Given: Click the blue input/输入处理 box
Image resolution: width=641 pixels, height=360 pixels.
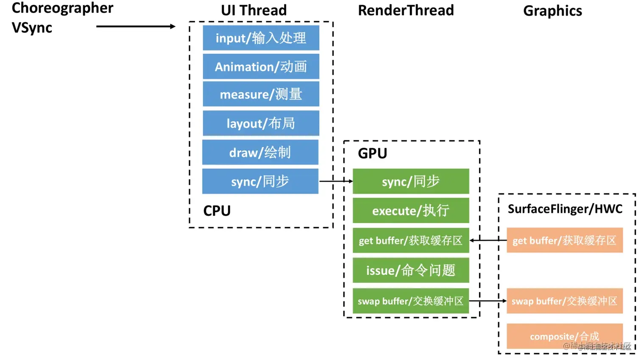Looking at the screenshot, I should click(261, 38).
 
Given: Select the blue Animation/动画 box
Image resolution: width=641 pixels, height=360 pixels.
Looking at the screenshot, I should click(261, 67).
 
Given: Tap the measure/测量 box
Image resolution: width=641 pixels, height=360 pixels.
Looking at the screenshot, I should click(261, 94).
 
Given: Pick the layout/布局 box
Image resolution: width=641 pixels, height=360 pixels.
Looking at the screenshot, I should click(261, 123).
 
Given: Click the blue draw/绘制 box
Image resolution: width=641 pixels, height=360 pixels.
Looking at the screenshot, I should click(260, 152).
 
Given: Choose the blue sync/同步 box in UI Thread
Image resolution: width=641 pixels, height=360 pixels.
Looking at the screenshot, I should click(260, 181).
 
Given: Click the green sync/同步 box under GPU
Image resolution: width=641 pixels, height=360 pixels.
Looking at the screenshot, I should click(411, 181).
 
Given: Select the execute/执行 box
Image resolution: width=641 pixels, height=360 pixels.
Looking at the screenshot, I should click(411, 210).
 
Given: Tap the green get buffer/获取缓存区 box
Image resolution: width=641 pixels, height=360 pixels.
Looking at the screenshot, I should click(411, 240).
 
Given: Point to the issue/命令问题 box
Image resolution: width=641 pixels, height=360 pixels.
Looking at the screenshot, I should click(411, 270).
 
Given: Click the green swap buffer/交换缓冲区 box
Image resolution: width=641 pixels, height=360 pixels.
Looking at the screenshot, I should click(411, 301).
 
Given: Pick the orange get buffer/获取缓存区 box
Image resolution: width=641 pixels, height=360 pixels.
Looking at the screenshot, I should click(564, 240).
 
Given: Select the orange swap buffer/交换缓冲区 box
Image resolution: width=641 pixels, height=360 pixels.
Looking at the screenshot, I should click(564, 301).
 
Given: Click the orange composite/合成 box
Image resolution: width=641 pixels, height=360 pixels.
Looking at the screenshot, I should click(564, 336).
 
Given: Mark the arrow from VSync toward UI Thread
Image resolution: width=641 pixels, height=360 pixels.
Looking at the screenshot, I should click(136, 26).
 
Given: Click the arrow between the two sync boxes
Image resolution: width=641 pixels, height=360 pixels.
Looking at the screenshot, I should click(336, 181).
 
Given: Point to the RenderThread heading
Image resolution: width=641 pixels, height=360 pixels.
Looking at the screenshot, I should click(406, 10).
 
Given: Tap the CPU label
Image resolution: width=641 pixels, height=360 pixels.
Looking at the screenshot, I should click(217, 211).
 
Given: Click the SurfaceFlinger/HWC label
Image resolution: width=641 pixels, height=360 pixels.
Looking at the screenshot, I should click(565, 209).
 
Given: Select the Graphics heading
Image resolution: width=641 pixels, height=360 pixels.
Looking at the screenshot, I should click(552, 11).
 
